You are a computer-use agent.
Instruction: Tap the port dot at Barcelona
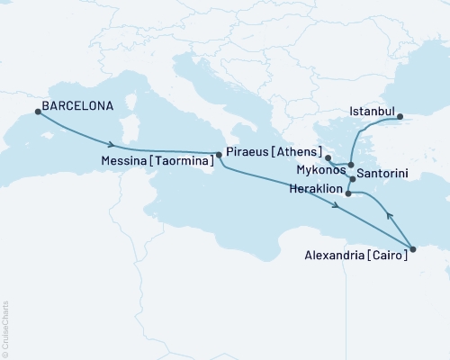click(38, 112)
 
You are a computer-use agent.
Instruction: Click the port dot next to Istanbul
click(401, 116)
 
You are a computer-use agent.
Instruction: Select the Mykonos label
click(319, 168)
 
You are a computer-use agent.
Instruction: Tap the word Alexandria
click(329, 255)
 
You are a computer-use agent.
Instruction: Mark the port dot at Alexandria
click(412, 249)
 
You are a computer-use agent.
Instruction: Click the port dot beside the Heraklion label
click(348, 193)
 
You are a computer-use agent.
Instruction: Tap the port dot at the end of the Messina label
click(219, 154)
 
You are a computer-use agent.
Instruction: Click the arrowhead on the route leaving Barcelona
click(111, 144)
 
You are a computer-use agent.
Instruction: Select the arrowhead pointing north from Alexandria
click(389, 216)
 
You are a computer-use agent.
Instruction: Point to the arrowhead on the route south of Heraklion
click(336, 208)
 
